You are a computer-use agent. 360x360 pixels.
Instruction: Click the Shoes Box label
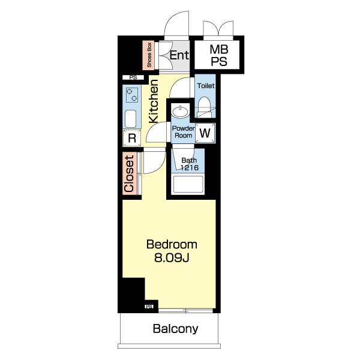(149, 55)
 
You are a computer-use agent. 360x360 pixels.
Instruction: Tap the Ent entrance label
(179, 55)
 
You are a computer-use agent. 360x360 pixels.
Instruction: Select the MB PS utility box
(217, 55)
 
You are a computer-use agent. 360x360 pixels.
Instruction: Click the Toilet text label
(206, 86)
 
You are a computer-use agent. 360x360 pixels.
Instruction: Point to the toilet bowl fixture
(204, 107)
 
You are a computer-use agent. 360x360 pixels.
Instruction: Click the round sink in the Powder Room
(180, 111)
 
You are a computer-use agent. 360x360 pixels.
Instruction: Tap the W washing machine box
(205, 133)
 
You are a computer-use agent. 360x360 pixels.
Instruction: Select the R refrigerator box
(132, 138)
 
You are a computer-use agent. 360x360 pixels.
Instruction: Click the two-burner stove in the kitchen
(132, 95)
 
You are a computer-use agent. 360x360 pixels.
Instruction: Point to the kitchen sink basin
(130, 119)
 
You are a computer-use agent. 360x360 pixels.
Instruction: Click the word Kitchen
(154, 101)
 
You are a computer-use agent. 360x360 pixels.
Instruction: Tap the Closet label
(129, 174)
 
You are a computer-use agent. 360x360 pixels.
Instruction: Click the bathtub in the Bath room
(188, 184)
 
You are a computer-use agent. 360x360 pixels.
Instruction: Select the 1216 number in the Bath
(190, 167)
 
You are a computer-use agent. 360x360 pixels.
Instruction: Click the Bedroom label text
(172, 245)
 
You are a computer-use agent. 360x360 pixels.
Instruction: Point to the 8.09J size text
(172, 258)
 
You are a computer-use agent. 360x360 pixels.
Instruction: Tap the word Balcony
(175, 329)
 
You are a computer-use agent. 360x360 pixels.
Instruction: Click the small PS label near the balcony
(149, 306)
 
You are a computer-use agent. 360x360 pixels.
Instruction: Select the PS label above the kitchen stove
(133, 77)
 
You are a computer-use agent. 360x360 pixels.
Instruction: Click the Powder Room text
(183, 132)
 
